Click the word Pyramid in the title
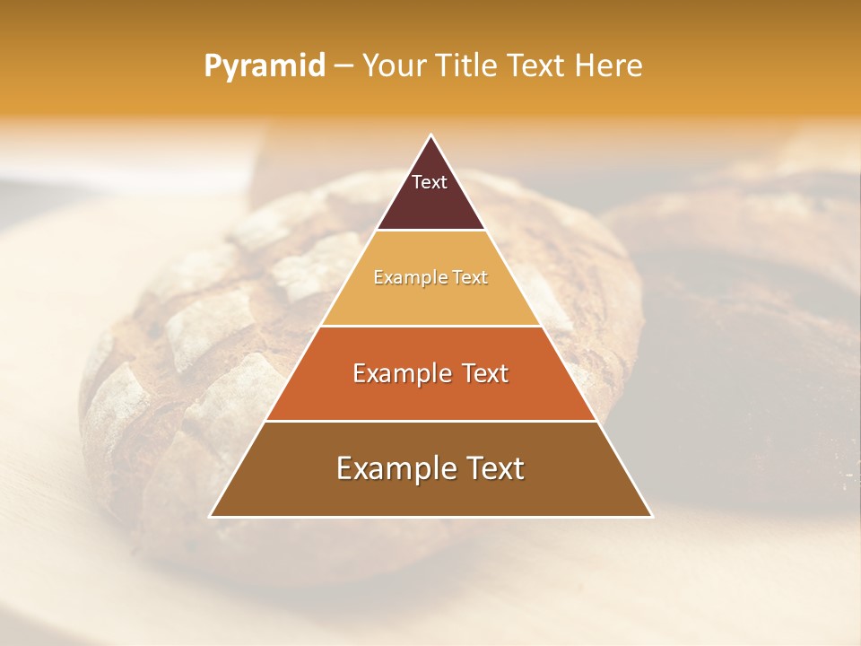(x=264, y=66)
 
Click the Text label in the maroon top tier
(x=430, y=182)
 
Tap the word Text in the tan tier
(x=470, y=277)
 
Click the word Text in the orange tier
(x=485, y=373)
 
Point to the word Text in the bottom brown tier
(x=495, y=468)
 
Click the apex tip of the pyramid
(x=431, y=136)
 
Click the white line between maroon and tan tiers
(x=430, y=231)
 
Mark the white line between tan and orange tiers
(x=430, y=326)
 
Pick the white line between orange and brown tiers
(x=430, y=421)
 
